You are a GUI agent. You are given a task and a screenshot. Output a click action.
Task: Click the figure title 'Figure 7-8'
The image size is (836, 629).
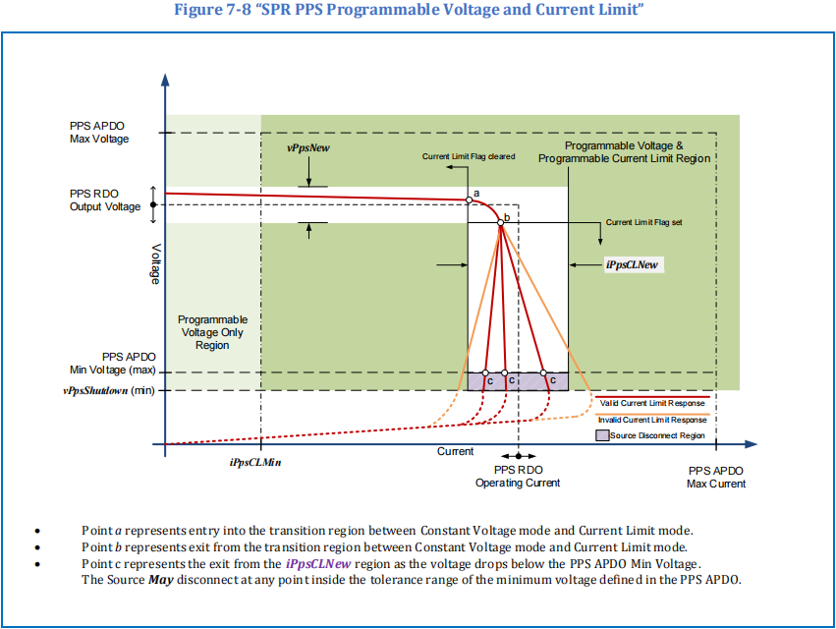click(x=212, y=9)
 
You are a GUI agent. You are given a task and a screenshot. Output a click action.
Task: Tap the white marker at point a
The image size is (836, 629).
click(x=470, y=200)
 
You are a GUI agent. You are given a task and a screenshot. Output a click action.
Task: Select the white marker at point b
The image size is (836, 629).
click(x=501, y=223)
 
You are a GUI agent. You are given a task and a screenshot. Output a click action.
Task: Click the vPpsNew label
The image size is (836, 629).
click(x=308, y=148)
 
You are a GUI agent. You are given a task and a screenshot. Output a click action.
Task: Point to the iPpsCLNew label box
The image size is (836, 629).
click(x=634, y=264)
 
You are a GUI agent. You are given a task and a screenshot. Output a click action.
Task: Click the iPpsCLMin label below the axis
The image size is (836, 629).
click(x=255, y=463)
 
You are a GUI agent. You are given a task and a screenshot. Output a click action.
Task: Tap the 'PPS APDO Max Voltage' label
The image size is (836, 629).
click(x=99, y=133)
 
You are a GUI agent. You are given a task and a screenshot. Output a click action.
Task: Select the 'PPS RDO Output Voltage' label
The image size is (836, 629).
click(x=105, y=200)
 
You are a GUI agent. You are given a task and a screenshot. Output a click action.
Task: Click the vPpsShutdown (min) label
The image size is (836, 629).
click(x=109, y=390)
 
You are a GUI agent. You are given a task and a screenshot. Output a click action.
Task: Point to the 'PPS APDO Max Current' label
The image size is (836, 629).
click(x=716, y=478)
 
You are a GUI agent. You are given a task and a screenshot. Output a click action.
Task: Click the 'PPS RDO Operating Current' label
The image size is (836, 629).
click(x=518, y=477)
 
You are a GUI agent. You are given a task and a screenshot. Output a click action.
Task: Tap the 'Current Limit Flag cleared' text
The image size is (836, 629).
click(x=469, y=156)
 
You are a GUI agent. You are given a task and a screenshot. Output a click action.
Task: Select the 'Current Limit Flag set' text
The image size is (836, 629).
click(x=644, y=222)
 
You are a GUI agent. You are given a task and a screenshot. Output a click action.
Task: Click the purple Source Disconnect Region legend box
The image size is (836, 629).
click(x=602, y=435)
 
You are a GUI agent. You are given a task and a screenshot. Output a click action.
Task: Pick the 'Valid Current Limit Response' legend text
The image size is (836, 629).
click(x=652, y=403)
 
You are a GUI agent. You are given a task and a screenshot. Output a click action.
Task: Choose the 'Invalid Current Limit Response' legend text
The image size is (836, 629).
click(x=652, y=420)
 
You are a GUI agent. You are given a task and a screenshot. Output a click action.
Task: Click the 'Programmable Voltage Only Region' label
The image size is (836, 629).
click(x=212, y=332)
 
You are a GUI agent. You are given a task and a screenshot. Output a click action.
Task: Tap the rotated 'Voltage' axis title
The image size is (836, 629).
click(x=155, y=264)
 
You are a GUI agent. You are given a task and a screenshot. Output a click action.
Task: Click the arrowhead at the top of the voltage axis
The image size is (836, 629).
click(x=165, y=80)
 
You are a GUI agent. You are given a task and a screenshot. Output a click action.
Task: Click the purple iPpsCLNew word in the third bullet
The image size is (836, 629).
click(x=318, y=564)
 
